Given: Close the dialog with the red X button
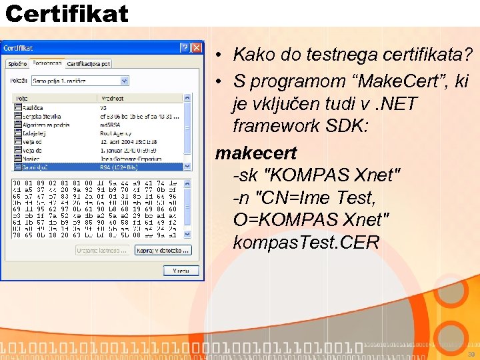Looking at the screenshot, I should pyautogui.click(x=196, y=48).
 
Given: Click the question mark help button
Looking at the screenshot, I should pyautogui.click(x=184, y=48).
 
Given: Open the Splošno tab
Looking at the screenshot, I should pyautogui.click(x=17, y=63).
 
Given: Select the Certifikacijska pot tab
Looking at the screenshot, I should pyautogui.click(x=89, y=63).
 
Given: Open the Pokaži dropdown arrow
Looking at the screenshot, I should pyautogui.click(x=124, y=81).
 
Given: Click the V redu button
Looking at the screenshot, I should pyautogui.click(x=181, y=271).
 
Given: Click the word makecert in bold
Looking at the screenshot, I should pyautogui.click(x=256, y=153).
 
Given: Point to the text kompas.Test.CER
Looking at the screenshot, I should pyautogui.click(x=306, y=241).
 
